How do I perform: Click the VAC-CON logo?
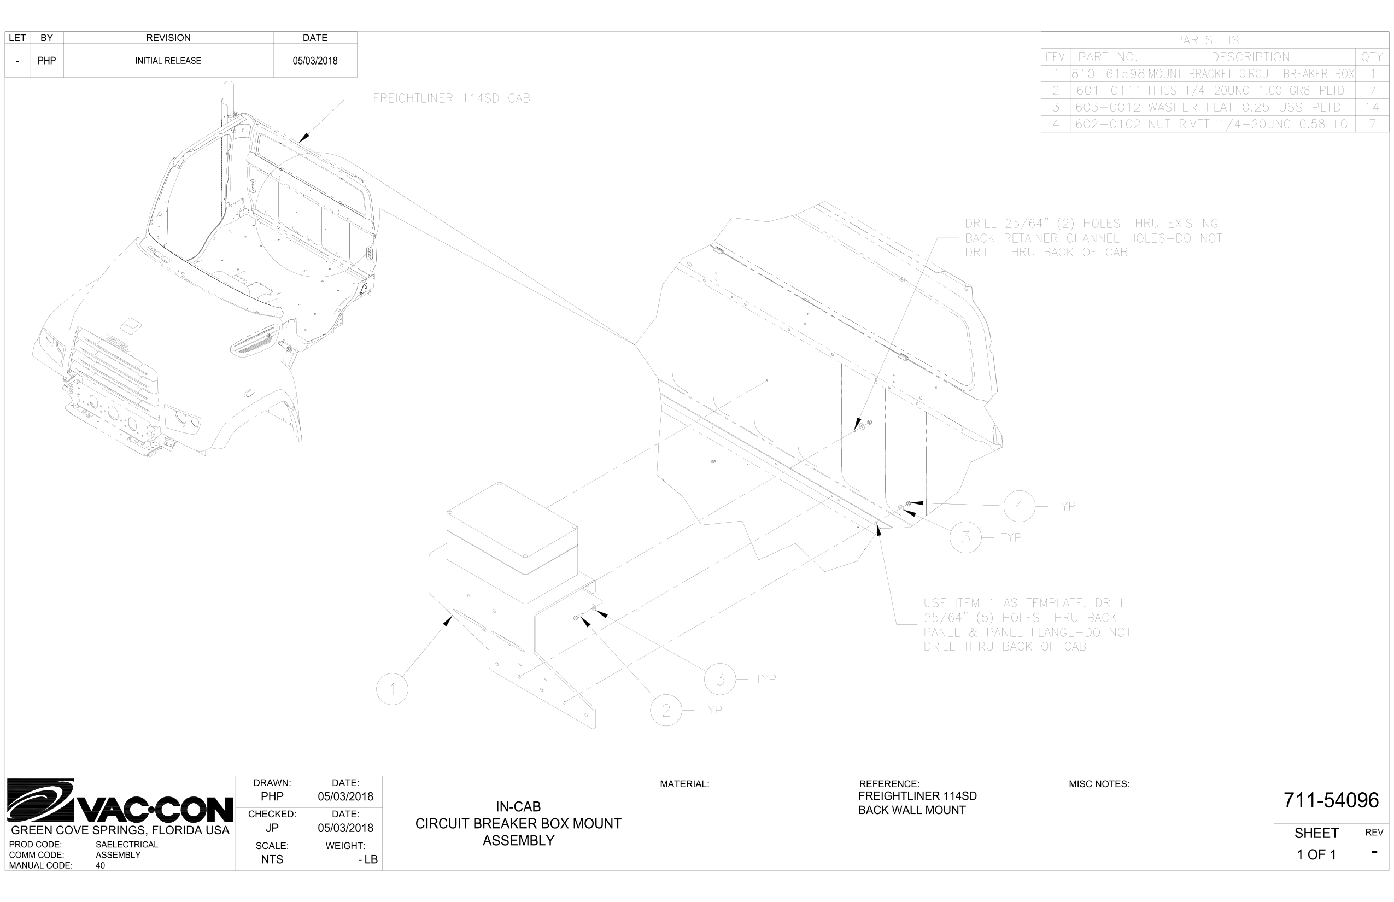tap(120, 801)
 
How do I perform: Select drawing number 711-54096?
tap(1331, 800)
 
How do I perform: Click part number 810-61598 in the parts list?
tap(1108, 74)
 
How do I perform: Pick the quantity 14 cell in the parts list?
tap(1372, 108)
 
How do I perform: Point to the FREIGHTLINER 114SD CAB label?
tap(451, 98)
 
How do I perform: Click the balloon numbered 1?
tap(392, 689)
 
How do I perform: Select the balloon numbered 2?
tap(666, 711)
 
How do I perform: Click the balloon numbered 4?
tap(1019, 506)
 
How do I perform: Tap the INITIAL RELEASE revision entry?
tap(168, 61)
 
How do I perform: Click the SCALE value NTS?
tap(272, 859)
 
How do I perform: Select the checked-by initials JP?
tap(272, 828)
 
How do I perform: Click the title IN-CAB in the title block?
tap(518, 806)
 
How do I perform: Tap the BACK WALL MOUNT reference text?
tap(911, 810)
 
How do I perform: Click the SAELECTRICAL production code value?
tap(126, 845)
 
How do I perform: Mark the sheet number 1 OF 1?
tap(1316, 854)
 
